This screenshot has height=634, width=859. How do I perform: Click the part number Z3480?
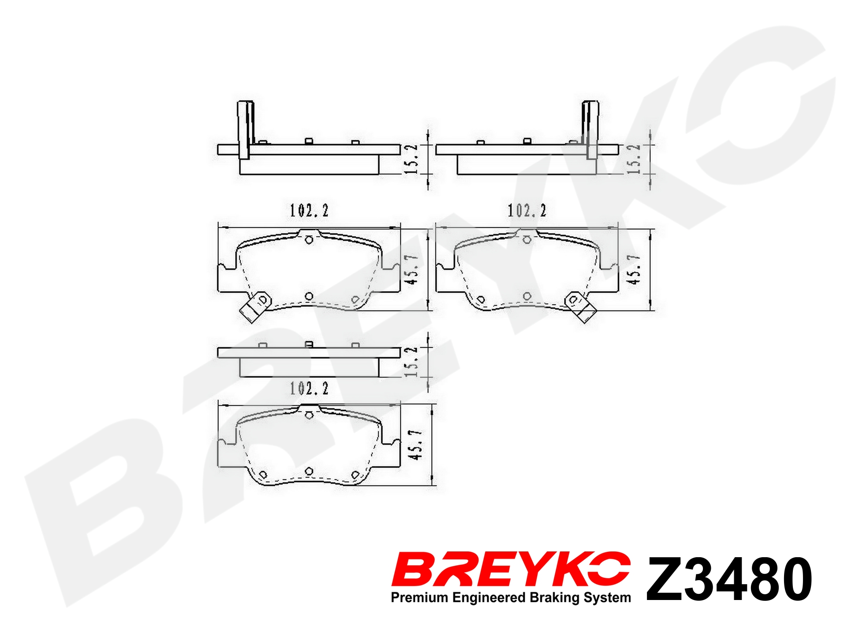[729, 579]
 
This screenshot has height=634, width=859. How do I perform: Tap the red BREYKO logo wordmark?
[511, 569]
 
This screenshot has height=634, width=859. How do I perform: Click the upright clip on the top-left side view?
[245, 130]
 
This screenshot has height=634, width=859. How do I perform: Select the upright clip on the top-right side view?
[590, 130]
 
